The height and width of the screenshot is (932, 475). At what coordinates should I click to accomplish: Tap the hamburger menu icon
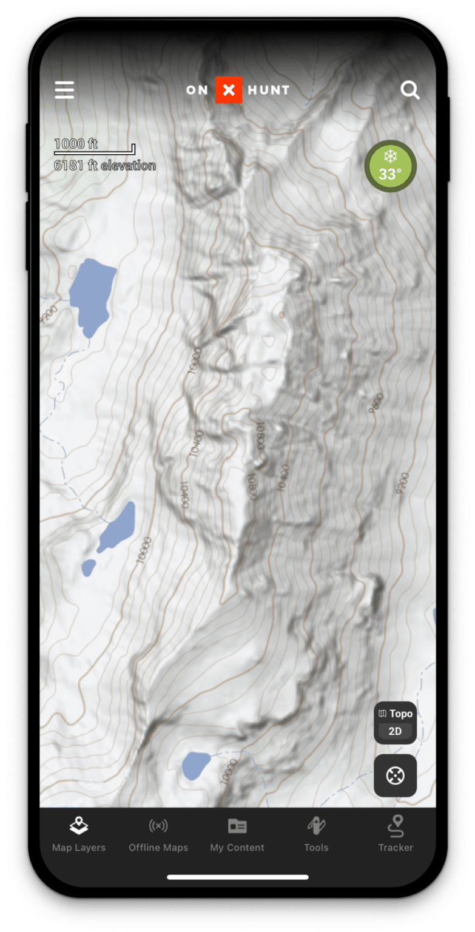(64, 90)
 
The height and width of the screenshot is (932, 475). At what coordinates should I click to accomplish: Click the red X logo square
(229, 90)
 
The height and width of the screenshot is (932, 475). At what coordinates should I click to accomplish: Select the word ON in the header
(197, 90)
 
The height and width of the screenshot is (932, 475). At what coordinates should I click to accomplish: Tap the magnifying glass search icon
(410, 90)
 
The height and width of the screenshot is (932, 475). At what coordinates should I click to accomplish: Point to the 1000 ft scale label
(76, 144)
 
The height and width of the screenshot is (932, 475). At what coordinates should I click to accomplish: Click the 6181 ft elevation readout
(104, 165)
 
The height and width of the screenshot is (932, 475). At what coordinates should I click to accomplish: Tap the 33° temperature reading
(390, 175)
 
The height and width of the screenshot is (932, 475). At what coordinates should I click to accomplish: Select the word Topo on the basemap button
(400, 714)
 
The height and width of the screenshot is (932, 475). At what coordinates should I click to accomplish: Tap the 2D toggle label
(395, 731)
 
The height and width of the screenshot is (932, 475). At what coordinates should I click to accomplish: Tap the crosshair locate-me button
(395, 775)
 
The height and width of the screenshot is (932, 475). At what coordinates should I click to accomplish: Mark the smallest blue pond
(89, 567)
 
